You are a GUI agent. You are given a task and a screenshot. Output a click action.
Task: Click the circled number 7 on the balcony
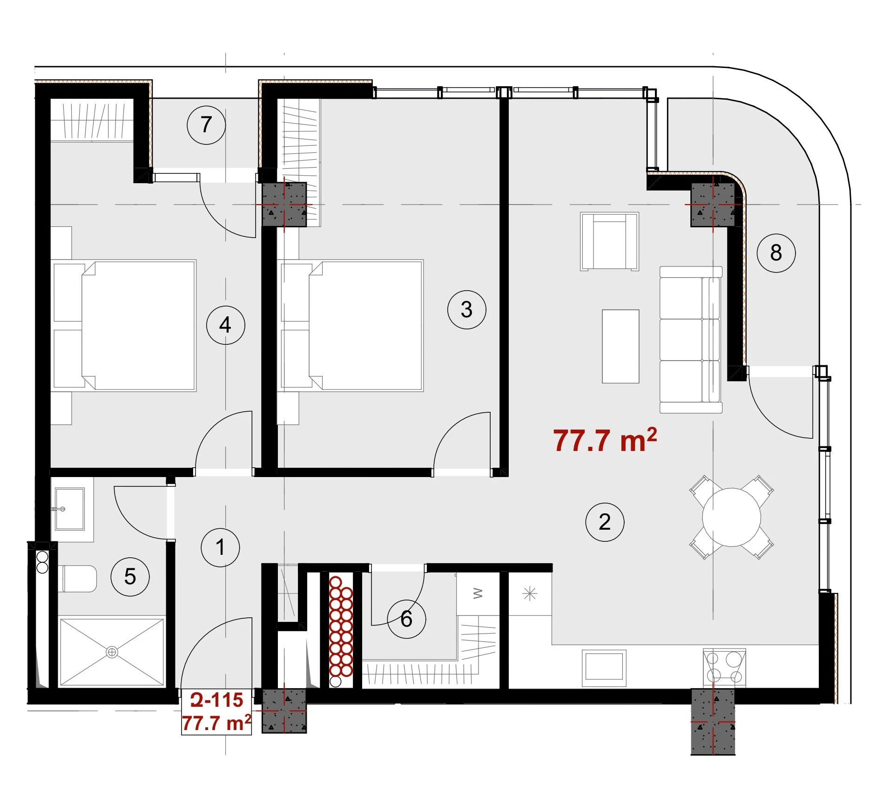(206, 125)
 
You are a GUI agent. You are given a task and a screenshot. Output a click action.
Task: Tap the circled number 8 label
(776, 253)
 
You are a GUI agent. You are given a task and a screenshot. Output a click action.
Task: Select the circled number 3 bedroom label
(466, 310)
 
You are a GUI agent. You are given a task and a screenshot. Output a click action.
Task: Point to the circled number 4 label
(225, 325)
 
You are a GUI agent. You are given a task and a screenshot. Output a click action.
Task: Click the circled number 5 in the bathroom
(130, 577)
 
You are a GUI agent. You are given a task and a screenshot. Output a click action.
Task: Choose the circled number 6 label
(406, 619)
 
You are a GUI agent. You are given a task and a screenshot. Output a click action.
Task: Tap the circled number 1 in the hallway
(220, 547)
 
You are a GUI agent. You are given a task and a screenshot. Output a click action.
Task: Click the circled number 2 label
(605, 522)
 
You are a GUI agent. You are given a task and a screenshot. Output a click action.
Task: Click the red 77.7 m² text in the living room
(605, 440)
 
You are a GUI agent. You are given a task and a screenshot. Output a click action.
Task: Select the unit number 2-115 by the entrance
(217, 700)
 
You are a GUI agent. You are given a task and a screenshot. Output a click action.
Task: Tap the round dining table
(731, 517)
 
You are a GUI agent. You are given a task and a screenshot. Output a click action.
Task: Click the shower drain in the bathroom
(112, 652)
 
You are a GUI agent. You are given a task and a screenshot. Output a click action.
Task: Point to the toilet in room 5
(78, 579)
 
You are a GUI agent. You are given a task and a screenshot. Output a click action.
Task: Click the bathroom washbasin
(70, 509)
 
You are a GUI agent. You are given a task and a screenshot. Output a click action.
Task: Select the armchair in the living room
(609, 241)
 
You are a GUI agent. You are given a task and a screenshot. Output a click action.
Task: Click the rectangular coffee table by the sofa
(620, 346)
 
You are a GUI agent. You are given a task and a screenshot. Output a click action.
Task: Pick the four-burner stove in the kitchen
(724, 667)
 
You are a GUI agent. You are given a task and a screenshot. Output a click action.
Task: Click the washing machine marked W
(478, 594)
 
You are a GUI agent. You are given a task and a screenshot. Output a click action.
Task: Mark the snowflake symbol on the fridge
(530, 594)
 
